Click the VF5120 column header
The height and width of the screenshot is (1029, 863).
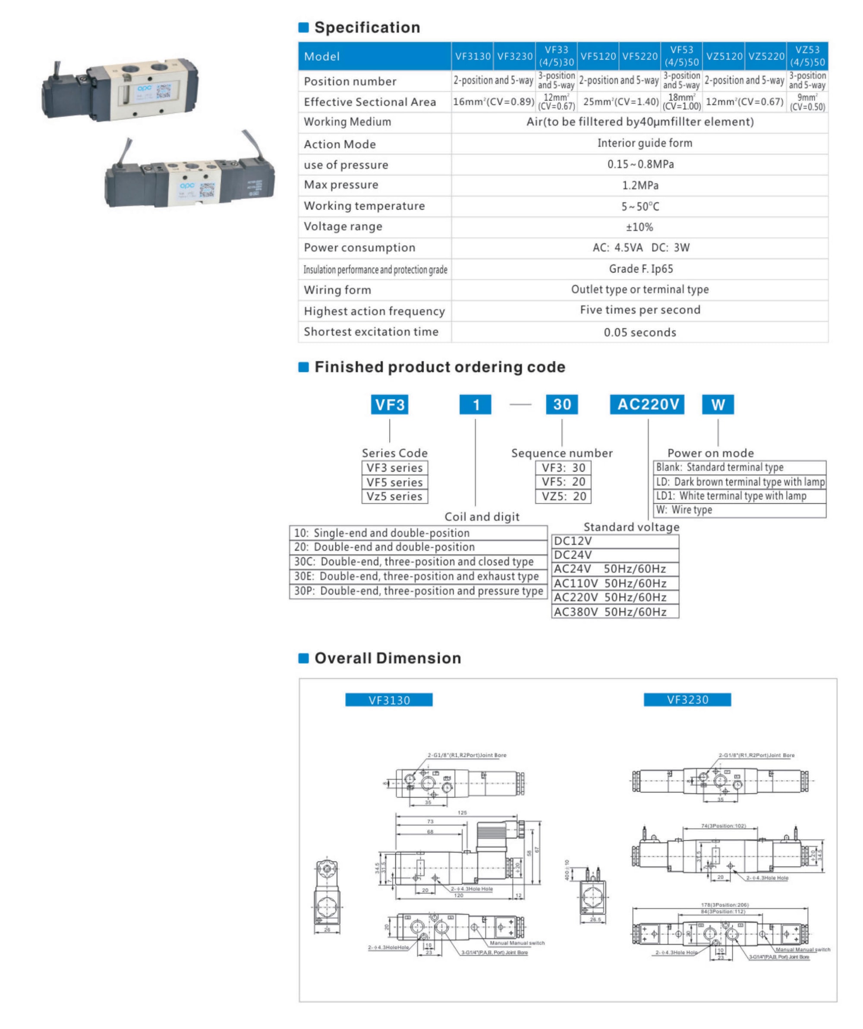pos(598,56)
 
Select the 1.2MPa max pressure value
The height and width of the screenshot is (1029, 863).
pos(640,185)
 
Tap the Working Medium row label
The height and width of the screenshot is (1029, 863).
pos(347,122)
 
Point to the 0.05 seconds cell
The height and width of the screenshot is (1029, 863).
pos(640,332)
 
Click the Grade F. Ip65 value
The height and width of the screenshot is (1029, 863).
pos(640,269)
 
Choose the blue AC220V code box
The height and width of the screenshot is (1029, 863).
pos(647,404)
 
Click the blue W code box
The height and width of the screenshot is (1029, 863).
pos(718,404)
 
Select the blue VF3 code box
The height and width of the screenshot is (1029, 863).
pos(389,404)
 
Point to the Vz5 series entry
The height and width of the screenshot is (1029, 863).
pos(394,496)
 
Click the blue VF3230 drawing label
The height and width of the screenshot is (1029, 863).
pos(687,700)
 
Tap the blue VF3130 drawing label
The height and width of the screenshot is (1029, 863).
pos(389,700)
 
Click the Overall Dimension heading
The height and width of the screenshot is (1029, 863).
pos(387,658)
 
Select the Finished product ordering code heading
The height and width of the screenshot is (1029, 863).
pos(439,367)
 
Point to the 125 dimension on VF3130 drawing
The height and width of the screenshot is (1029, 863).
pos(462,813)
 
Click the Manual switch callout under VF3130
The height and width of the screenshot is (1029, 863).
pos(517,943)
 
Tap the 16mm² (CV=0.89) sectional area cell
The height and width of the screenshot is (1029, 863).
pos(493,102)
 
